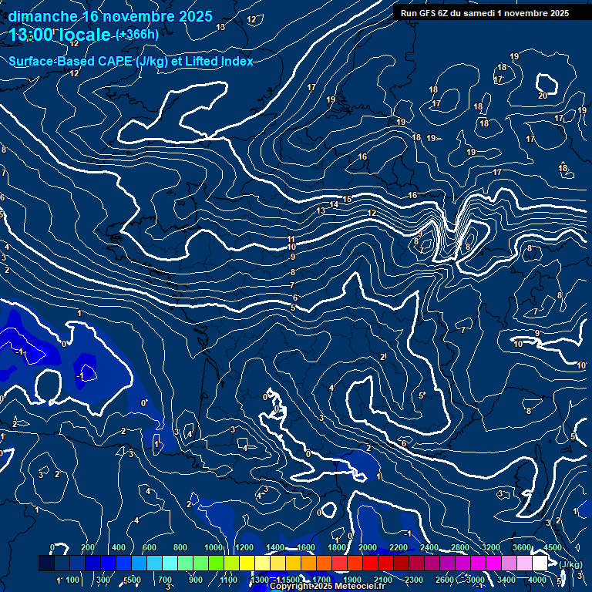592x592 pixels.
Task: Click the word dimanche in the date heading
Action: pos(42,16)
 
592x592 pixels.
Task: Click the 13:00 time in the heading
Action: pos(33,35)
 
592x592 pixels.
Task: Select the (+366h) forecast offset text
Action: pos(137,35)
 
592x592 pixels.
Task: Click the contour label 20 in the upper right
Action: pos(543,96)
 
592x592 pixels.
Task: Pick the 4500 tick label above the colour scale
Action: pos(552,547)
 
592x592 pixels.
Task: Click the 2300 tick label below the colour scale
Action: pos(414,580)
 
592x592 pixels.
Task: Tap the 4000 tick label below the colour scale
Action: pos(538,580)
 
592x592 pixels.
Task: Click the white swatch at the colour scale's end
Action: pos(540,563)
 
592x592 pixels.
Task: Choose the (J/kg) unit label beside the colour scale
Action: pos(570,565)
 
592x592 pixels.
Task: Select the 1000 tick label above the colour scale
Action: pos(214,547)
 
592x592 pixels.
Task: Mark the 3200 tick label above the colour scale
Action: pos(491,547)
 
